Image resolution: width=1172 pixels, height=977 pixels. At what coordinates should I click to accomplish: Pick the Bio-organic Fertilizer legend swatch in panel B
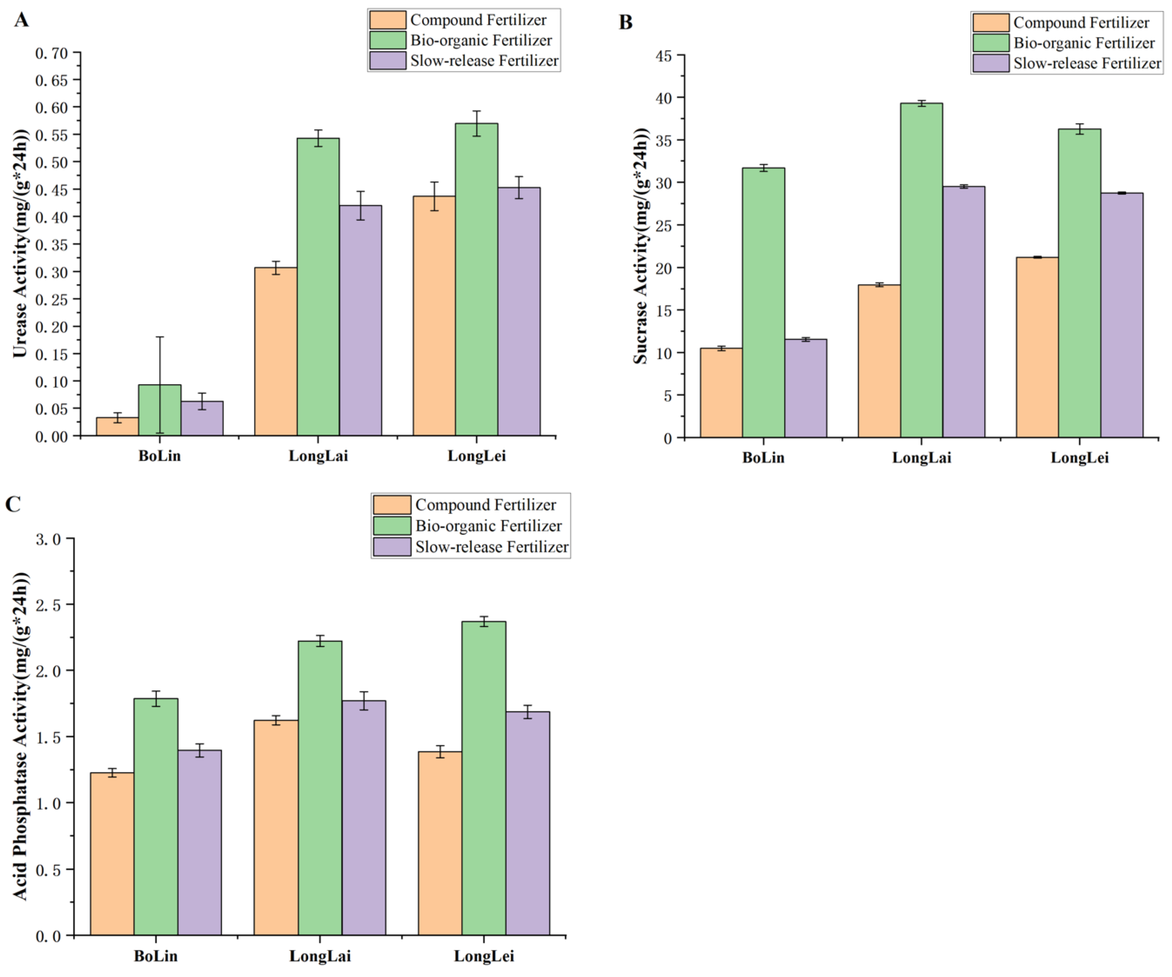(x=991, y=43)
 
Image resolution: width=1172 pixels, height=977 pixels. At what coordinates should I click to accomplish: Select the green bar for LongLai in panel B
(x=922, y=270)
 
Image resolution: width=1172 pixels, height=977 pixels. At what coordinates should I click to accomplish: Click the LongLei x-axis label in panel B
(x=1079, y=458)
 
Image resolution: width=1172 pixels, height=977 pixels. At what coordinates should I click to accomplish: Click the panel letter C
(x=13, y=504)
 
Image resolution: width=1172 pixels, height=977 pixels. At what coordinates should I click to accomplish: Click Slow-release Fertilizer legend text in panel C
(x=492, y=547)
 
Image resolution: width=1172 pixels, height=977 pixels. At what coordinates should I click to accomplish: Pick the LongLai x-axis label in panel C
(x=320, y=956)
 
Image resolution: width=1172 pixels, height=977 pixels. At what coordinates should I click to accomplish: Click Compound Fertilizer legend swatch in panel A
(x=387, y=20)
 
